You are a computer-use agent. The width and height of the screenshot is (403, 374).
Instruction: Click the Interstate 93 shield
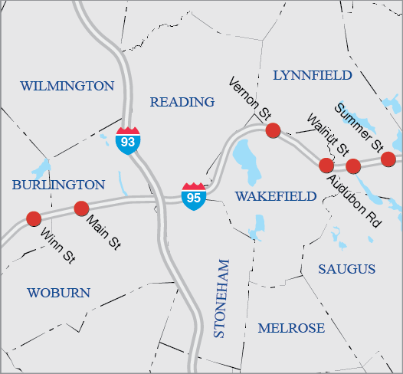tap(128, 141)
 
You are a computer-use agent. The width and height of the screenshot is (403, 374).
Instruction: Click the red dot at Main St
tap(80, 208)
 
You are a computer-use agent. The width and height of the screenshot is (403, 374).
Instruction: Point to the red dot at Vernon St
tap(273, 130)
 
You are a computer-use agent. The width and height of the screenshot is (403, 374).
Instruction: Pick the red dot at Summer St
tap(388, 159)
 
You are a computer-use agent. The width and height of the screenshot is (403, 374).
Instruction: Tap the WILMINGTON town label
tap(67, 86)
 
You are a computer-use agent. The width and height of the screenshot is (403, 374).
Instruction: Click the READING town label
tap(182, 102)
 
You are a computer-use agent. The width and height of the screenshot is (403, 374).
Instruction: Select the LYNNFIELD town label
tap(313, 75)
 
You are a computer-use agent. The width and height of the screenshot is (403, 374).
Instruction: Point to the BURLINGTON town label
tap(58, 185)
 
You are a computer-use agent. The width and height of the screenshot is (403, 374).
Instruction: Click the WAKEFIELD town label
tap(276, 196)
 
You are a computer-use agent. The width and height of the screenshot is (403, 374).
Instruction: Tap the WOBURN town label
tap(58, 293)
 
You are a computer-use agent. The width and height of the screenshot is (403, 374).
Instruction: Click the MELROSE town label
tap(291, 328)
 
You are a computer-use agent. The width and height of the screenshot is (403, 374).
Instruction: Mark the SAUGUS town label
tap(347, 269)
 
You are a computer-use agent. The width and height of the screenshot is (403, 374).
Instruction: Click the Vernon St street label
tap(251, 97)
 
